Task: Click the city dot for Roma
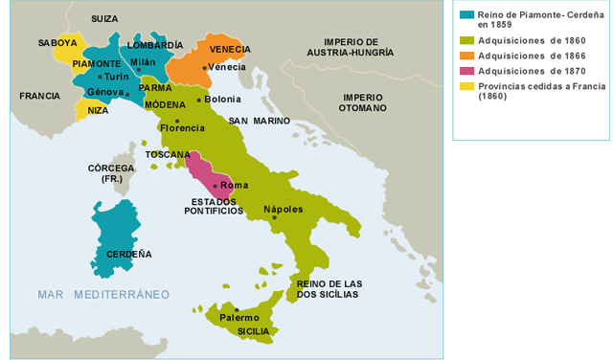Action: [216, 184]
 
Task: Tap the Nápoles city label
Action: [284, 209]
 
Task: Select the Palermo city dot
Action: [237, 309]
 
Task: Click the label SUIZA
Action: [105, 18]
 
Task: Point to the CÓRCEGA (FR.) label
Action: [111, 173]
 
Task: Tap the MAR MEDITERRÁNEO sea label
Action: [103, 293]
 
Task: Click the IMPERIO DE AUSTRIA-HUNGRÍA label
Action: [361, 48]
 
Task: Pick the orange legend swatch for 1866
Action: [466, 56]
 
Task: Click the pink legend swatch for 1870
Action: [466, 71]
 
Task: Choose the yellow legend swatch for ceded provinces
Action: [466, 86]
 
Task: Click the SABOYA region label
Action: [57, 43]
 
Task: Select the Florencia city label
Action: [183, 127]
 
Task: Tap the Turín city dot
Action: [101, 76]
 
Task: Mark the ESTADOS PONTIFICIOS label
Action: [217, 206]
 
